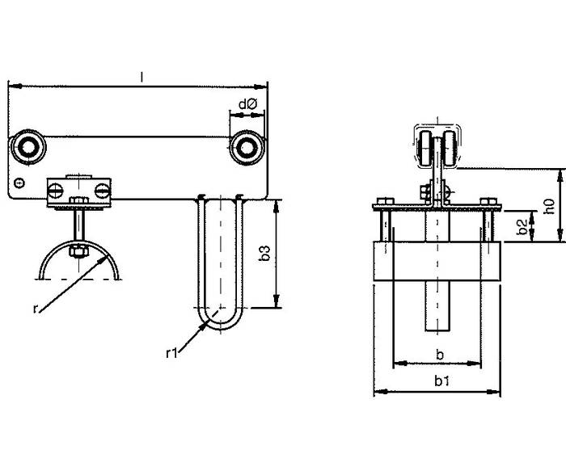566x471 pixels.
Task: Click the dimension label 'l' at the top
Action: (141, 77)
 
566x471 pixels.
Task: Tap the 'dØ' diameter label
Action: (247, 104)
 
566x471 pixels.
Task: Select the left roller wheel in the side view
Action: (27, 147)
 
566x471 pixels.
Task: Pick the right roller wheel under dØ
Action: (247, 147)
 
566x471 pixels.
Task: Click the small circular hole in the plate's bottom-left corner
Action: (19, 183)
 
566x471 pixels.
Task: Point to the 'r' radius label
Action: (35, 309)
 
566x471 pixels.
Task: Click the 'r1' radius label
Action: (171, 353)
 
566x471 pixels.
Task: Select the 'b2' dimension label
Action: (522, 227)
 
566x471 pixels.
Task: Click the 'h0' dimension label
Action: (549, 206)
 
